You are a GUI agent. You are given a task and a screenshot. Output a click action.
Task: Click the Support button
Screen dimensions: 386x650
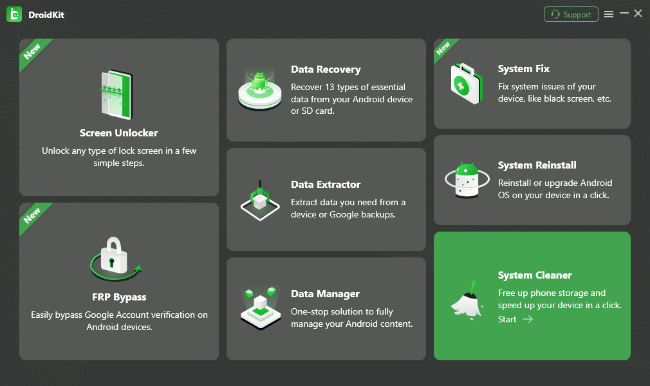571,14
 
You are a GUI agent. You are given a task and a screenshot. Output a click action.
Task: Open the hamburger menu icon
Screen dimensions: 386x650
609,14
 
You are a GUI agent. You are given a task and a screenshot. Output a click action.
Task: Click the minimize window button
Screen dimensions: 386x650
624,14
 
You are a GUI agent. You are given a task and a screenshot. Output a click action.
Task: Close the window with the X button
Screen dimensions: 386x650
638,14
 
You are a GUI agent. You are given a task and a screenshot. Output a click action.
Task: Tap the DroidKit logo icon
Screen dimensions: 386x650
14,14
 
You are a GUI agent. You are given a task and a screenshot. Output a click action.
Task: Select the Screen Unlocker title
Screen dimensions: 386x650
119,133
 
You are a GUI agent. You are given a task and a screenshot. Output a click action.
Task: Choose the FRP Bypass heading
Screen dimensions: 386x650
119,297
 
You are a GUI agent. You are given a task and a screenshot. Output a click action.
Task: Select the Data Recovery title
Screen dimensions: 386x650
326,69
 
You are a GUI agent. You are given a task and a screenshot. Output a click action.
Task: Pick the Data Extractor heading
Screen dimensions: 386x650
326,185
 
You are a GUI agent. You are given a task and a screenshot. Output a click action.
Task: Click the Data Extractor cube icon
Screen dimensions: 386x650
259,201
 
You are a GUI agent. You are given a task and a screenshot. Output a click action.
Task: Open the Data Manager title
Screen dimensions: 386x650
325,294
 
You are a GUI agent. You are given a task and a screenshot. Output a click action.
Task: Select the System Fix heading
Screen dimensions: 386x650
524,69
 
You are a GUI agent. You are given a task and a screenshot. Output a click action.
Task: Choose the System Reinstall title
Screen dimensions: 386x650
537,165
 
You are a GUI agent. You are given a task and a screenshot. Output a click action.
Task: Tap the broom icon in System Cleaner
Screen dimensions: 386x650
467,300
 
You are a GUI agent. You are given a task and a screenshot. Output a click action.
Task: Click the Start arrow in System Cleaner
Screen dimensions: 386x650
527,319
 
